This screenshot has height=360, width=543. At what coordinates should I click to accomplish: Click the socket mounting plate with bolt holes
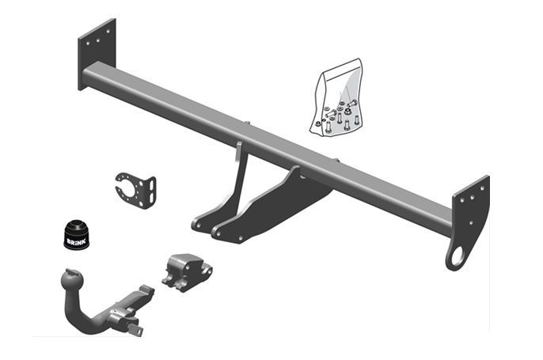tap(135, 188)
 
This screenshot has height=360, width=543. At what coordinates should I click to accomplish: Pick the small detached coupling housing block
tap(185, 271)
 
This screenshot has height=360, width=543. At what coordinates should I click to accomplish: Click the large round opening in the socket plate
tap(130, 189)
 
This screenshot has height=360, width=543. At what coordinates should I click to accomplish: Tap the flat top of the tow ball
tap(66, 271)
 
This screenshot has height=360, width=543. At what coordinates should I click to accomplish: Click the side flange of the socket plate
tap(148, 190)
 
